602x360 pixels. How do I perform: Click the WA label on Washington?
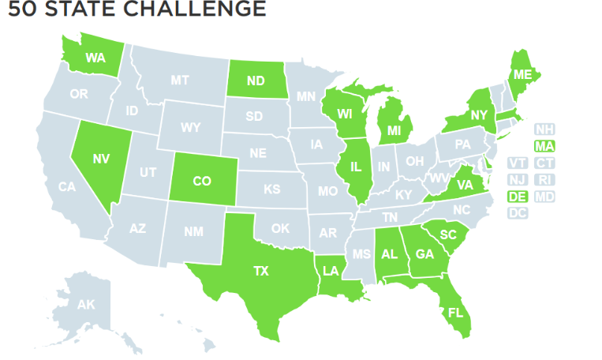[x=95, y=58]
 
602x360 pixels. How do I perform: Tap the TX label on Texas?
[x=260, y=271]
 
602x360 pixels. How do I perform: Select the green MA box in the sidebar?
[x=544, y=145]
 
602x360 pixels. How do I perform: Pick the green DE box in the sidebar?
[x=518, y=197]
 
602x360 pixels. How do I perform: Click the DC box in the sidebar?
[x=518, y=213]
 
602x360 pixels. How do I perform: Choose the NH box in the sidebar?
[x=544, y=129]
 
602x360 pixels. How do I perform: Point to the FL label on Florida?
[x=455, y=312]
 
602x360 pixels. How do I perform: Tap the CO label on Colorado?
[x=202, y=181]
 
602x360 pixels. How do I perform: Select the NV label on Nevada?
[x=100, y=159]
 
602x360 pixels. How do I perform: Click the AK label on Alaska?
[x=85, y=304]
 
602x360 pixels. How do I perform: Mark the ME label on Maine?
[x=519, y=74]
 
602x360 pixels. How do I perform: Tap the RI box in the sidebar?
[x=544, y=180]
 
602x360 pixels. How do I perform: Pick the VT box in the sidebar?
[x=518, y=163]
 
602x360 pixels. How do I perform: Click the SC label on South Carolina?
[x=448, y=234]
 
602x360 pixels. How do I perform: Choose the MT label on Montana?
[x=180, y=80]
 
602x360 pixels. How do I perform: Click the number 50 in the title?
[x=21, y=10]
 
